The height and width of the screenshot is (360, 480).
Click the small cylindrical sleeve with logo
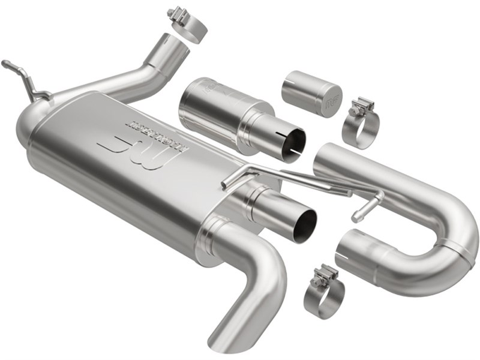coord(311,93)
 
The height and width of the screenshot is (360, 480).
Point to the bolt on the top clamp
coord(176,13)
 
